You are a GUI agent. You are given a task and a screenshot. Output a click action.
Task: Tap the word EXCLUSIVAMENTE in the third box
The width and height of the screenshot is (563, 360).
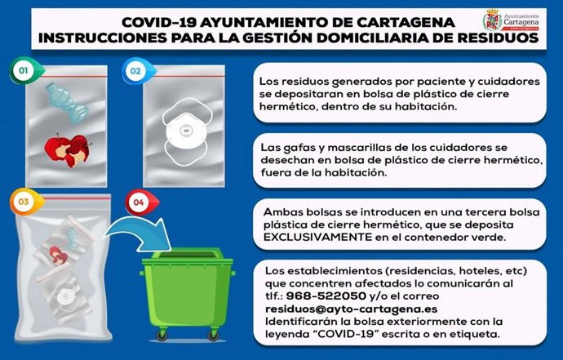pos(311,237)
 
